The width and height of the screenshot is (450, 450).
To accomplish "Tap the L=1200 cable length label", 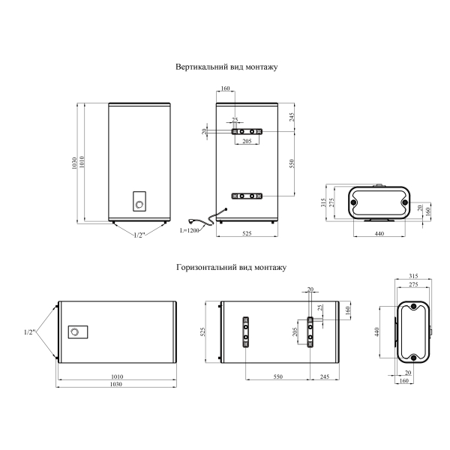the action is [x=190, y=230].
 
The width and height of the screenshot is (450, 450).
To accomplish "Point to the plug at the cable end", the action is [x=190, y=220].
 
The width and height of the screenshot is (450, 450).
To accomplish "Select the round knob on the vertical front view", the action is [x=139, y=205].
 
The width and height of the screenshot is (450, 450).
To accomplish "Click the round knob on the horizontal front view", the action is [x=74, y=332].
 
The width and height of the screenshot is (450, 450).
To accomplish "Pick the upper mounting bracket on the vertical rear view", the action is [x=247, y=132].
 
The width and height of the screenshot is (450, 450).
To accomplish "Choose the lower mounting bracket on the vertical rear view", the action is [x=247, y=196].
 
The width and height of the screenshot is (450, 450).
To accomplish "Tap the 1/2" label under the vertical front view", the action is [x=139, y=235].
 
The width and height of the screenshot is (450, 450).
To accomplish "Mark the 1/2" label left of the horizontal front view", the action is [x=29, y=332].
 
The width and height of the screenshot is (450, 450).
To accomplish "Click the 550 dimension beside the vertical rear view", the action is [x=292, y=163].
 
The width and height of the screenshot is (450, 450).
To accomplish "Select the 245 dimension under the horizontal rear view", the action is [x=325, y=376].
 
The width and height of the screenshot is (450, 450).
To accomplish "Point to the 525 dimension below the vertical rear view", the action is [x=247, y=233].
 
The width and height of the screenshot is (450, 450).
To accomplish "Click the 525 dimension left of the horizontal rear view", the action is [x=202, y=332].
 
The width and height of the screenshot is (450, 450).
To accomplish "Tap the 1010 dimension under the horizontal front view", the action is [x=117, y=376].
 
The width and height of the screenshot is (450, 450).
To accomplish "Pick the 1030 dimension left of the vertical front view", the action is [x=74, y=163].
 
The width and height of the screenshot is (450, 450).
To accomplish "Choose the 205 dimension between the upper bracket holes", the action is [x=247, y=141].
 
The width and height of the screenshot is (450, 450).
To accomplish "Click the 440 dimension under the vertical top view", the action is [x=379, y=233].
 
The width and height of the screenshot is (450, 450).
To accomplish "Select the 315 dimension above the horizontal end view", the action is [x=413, y=276].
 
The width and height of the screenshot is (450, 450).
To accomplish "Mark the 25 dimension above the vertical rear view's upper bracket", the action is [x=235, y=120].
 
